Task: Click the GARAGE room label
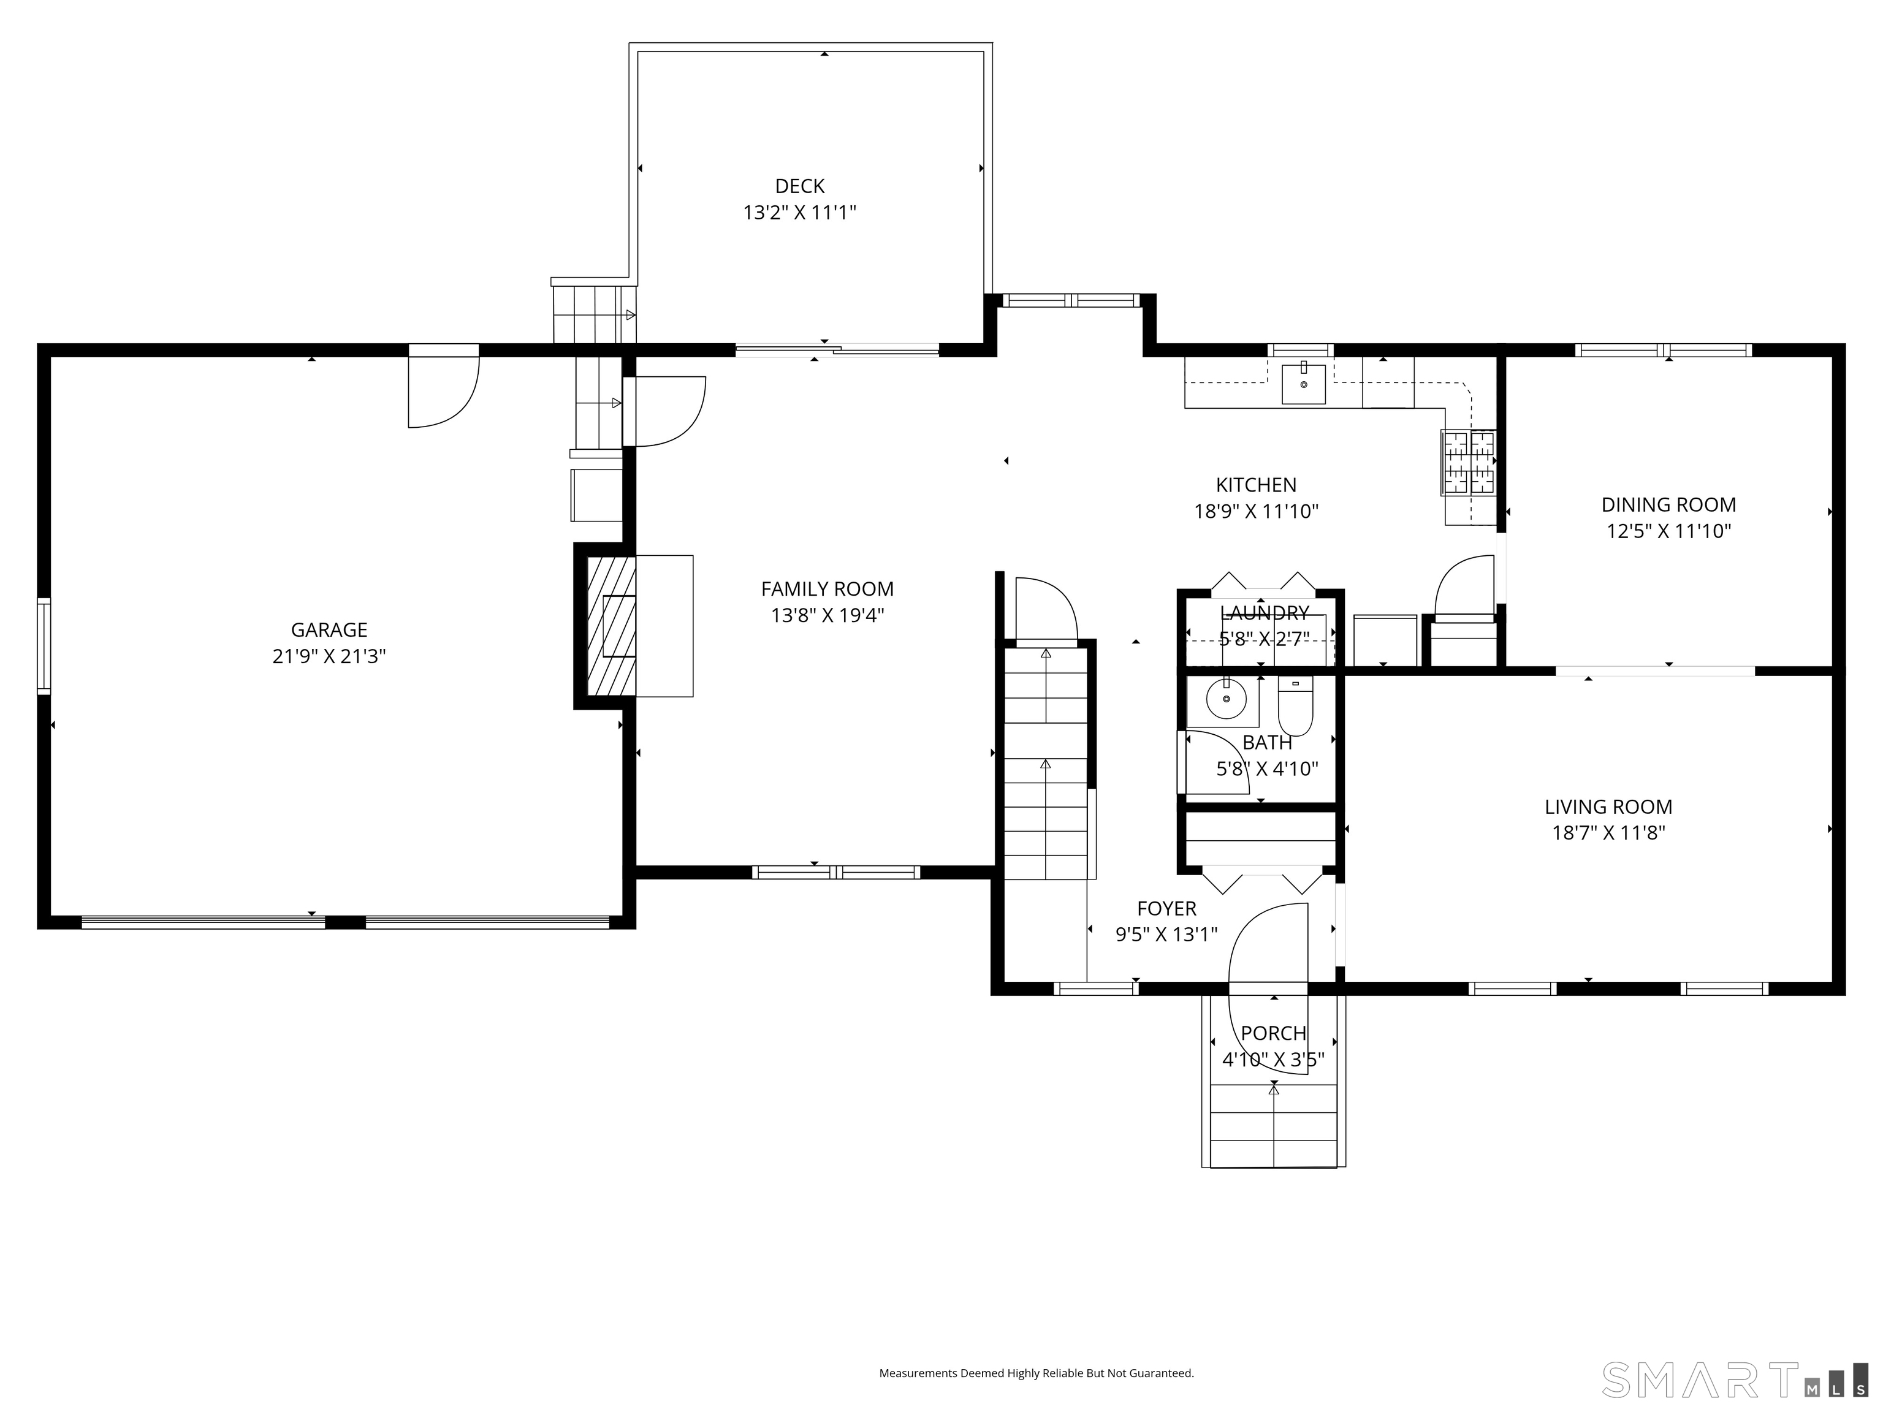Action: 329,630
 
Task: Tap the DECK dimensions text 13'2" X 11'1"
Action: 799,213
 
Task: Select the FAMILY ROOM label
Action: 827,589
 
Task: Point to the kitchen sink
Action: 1303,384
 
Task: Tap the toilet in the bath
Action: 1296,707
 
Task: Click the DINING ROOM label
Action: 1668,505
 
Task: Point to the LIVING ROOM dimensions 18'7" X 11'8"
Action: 1608,832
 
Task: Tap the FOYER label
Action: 1166,908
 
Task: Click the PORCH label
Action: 1274,1033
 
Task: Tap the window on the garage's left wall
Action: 44,646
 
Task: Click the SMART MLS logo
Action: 1734,1380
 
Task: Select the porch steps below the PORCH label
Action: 1274,1125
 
